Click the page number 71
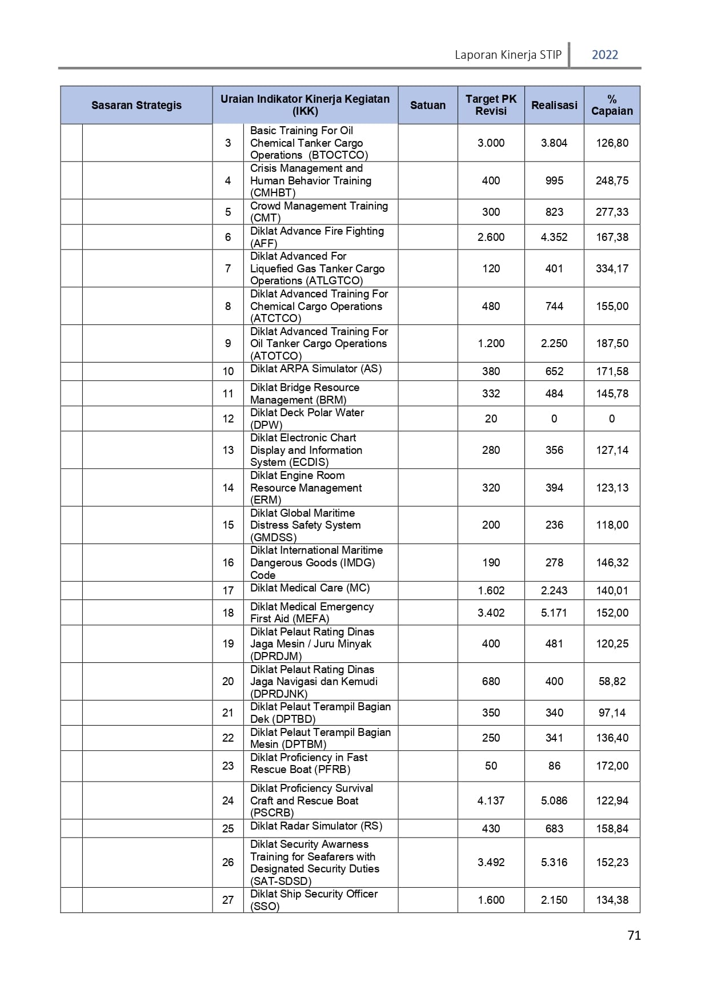634,935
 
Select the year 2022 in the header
604,55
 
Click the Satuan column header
427,105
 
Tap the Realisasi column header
554,105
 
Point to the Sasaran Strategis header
136,105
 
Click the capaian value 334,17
612,268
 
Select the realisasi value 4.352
554,237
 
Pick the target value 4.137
491,800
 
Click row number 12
228,418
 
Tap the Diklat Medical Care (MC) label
310,588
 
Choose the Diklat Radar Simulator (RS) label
316,826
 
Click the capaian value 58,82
612,681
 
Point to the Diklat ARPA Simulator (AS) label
315,369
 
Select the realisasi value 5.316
554,862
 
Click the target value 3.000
491,143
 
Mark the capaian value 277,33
612,212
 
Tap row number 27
228,900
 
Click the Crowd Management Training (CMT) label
318,212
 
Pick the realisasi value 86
554,766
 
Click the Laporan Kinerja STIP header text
508,55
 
